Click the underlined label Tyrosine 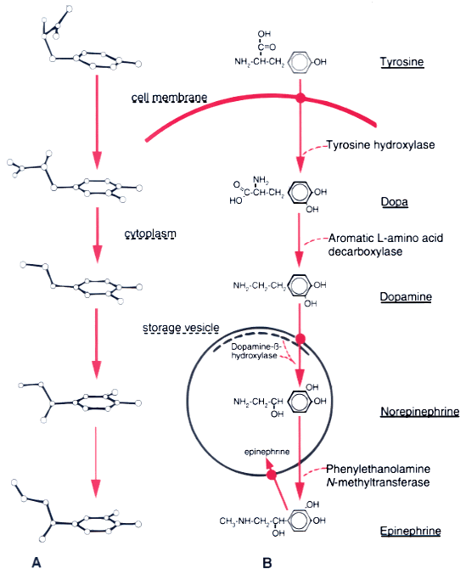(x=401, y=62)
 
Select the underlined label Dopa (x=394, y=202)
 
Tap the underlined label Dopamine (x=406, y=296)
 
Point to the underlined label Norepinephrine (x=420, y=412)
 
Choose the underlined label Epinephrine (x=410, y=531)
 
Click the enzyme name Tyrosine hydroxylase (x=381, y=145)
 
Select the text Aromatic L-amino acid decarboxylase (x=386, y=245)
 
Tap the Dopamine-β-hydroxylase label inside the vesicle (x=255, y=351)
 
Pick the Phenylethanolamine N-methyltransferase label (x=378, y=476)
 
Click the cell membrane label (x=170, y=98)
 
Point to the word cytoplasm (x=150, y=234)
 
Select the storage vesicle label (x=181, y=328)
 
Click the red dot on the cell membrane (x=300, y=98)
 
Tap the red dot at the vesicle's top (x=300, y=339)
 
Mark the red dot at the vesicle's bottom (x=272, y=476)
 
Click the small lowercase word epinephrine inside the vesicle (x=267, y=452)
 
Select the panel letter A (x=36, y=562)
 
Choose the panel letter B (x=267, y=563)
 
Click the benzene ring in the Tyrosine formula (x=300, y=62)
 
